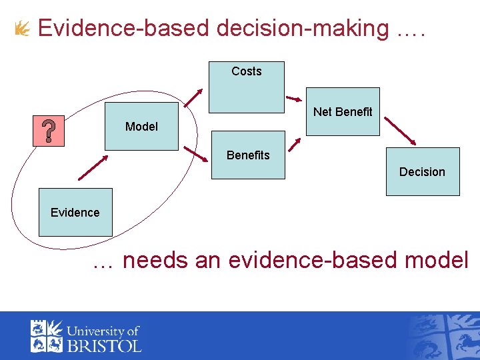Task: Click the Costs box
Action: pyautogui.click(x=247, y=87)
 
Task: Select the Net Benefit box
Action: pyautogui.click(x=343, y=111)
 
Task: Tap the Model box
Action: pyautogui.click(x=141, y=126)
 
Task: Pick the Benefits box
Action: pyautogui.click(x=248, y=155)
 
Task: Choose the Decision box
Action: pyautogui.click(x=423, y=171)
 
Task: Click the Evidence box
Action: pyautogui.click(x=75, y=212)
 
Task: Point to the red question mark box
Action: pyautogui.click(x=49, y=130)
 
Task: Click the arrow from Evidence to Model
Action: pyautogui.click(x=93, y=168)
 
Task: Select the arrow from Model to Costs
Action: pyautogui.click(x=193, y=97)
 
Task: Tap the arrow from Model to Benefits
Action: pyautogui.click(x=196, y=155)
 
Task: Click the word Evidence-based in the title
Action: pyautogui.click(x=124, y=29)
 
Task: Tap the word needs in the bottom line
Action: pyautogui.click(x=155, y=260)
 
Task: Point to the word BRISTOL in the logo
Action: pyautogui.click(x=103, y=345)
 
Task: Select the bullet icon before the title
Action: pyautogui.click(x=22, y=29)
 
